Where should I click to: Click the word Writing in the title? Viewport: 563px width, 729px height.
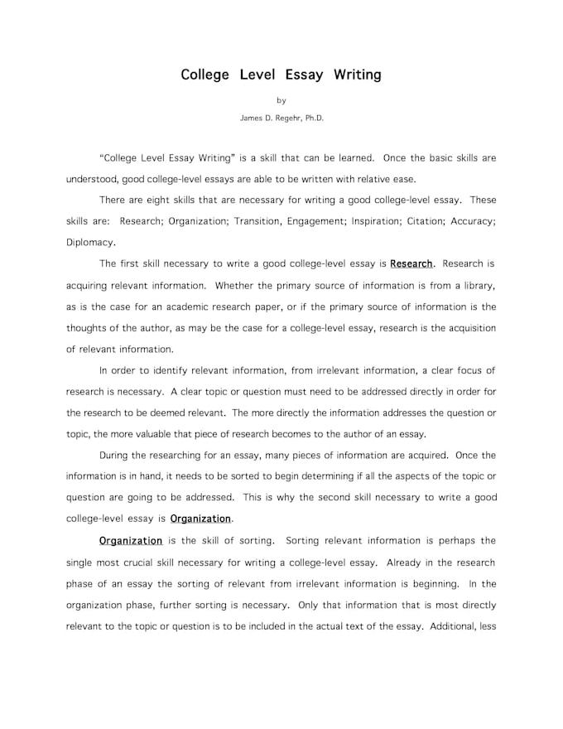[x=357, y=75]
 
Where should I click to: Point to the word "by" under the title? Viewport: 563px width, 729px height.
[x=281, y=100]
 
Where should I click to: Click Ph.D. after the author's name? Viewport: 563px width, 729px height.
[x=314, y=118]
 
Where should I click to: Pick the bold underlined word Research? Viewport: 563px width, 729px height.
[x=411, y=264]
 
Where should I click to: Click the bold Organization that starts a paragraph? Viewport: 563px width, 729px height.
[x=131, y=541]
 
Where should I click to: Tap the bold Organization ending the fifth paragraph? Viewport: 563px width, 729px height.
[x=201, y=519]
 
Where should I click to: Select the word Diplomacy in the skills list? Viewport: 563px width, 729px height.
[x=90, y=243]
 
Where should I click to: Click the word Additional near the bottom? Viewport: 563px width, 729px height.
[x=453, y=626]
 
